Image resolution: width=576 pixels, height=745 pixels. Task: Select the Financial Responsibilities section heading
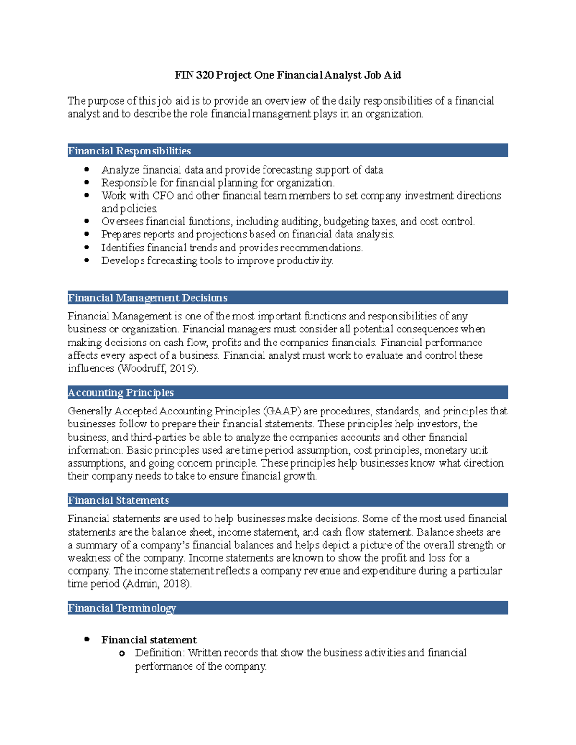(x=129, y=151)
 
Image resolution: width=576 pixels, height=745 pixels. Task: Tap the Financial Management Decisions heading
(x=147, y=298)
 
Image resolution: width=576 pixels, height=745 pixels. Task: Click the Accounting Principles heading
(x=120, y=393)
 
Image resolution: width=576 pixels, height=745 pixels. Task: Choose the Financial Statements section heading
(x=118, y=500)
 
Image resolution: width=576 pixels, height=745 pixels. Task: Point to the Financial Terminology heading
(x=121, y=608)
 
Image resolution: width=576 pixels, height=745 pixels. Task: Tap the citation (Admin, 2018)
(x=157, y=584)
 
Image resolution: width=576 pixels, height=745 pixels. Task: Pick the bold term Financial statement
(x=149, y=640)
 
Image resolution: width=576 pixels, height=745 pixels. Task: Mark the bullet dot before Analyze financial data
(x=87, y=169)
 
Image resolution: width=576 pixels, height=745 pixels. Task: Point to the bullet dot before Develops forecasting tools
(x=87, y=260)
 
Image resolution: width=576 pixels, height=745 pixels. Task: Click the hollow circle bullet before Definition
(x=122, y=653)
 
